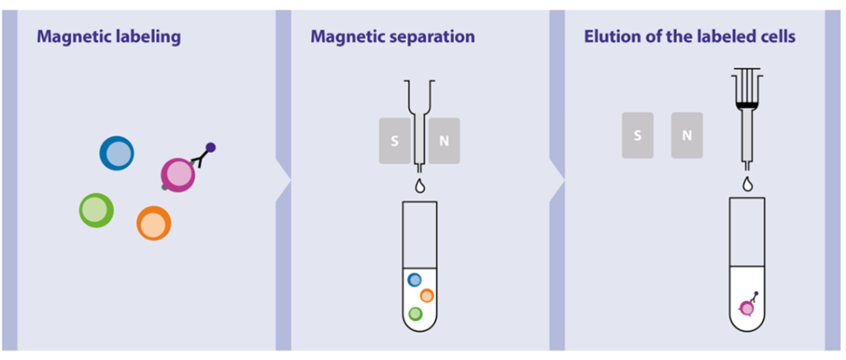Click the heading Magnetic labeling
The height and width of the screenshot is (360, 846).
point(109,37)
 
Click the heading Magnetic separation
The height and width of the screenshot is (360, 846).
point(393,37)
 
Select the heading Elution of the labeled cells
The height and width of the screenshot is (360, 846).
point(690,37)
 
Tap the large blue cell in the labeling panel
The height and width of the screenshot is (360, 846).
point(117,154)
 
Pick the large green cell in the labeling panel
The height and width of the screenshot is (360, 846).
point(96,210)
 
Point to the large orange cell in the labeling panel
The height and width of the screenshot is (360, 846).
point(154,223)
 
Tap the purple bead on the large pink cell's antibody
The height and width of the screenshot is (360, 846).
point(211,148)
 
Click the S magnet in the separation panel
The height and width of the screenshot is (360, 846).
point(395,141)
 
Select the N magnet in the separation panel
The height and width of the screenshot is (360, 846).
point(444,141)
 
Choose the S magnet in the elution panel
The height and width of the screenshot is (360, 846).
point(637,135)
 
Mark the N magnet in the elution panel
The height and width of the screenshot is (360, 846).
point(687,135)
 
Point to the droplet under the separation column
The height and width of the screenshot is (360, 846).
point(420,186)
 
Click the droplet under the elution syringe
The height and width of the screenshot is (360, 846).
point(748,184)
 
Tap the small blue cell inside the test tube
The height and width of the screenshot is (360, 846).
point(414,280)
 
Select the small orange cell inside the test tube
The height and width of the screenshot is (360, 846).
point(426,295)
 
